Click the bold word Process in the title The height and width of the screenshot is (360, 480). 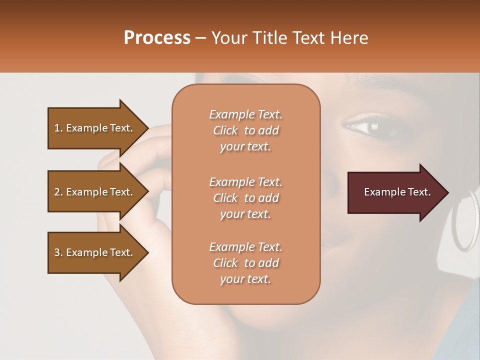click(157, 37)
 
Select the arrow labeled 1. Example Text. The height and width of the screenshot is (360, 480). click(95, 128)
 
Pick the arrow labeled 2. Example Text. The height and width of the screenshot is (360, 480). click(95, 192)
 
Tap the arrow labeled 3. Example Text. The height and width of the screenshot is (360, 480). click(95, 252)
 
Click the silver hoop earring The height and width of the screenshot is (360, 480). click(464, 220)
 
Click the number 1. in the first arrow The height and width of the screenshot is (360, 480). click(58, 128)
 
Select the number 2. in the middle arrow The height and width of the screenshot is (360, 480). click(58, 192)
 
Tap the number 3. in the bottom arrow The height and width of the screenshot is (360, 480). click(58, 252)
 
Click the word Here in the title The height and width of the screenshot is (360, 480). click(349, 37)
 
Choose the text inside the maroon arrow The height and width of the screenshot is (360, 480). click(397, 192)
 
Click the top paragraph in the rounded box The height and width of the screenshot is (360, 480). click(245, 130)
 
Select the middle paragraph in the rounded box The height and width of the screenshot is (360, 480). click(245, 198)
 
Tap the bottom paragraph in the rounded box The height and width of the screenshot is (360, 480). click(245, 263)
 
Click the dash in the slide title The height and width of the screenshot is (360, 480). click(201, 38)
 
